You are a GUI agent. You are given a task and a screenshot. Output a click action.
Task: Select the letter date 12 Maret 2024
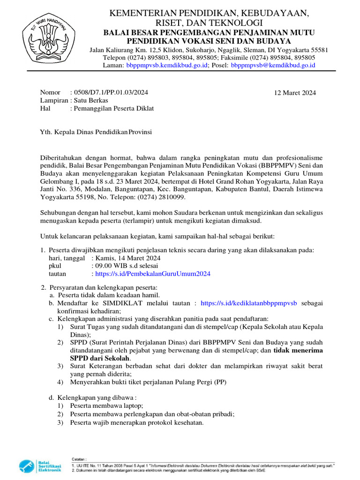295,93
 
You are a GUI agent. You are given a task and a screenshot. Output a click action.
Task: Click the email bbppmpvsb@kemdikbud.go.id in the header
273,65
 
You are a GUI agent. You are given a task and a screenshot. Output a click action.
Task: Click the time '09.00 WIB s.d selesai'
126,266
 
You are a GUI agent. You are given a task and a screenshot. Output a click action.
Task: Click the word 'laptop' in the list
132,405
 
